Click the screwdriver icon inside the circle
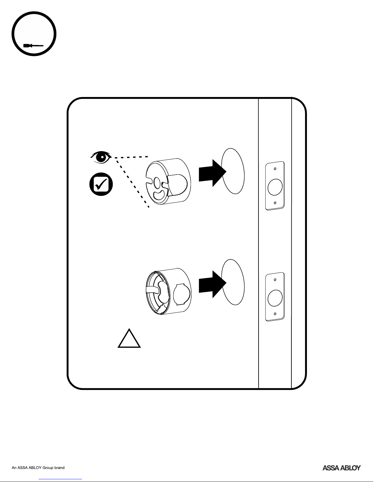(x=33, y=46)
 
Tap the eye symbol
(x=101, y=157)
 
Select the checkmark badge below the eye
(x=101, y=184)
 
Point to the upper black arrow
(x=213, y=173)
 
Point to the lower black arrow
(x=213, y=284)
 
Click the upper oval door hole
(x=233, y=171)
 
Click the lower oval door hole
(x=233, y=282)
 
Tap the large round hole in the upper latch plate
(x=275, y=187)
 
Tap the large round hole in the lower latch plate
(x=275, y=298)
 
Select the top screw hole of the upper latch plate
(x=275, y=169)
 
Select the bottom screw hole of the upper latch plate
(x=275, y=203)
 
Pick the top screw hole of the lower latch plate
(x=275, y=280)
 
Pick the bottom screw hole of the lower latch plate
(x=275, y=314)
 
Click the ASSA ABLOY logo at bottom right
(x=341, y=468)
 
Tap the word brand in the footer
(x=59, y=468)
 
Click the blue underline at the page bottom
(x=60, y=479)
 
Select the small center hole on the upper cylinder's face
(x=157, y=182)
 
